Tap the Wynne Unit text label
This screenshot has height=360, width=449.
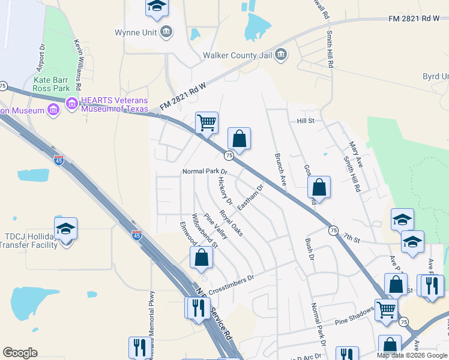(137, 32)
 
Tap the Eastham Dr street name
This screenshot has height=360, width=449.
(250, 197)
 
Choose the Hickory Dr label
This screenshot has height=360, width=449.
(225, 190)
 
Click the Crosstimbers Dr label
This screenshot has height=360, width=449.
(232, 282)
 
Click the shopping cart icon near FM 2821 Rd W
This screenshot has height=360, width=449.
(206, 123)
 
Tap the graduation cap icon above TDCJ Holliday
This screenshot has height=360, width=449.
(65, 229)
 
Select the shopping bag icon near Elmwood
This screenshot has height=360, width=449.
(202, 257)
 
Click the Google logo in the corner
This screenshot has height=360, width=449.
(20, 353)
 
